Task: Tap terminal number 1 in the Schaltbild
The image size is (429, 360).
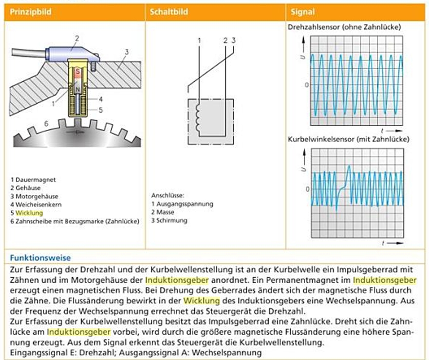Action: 199,41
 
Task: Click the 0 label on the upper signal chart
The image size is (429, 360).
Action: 306,85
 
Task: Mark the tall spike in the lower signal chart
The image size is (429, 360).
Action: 349,169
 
